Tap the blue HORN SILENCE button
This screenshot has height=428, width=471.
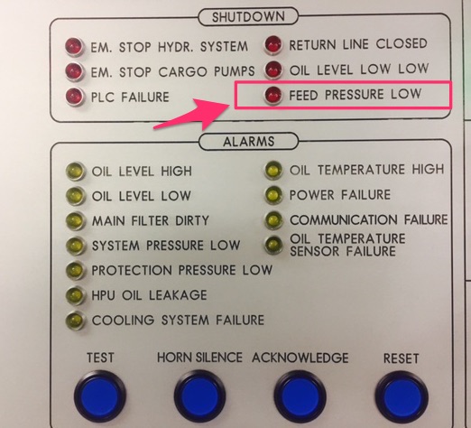(199, 395)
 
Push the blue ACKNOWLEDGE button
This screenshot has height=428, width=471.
(300, 395)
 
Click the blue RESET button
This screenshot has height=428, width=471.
(402, 396)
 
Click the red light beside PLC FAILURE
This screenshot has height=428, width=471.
(74, 97)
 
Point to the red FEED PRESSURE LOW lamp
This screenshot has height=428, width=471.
(273, 95)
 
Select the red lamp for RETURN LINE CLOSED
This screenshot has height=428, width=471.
(273, 45)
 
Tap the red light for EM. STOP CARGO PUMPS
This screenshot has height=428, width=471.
(74, 71)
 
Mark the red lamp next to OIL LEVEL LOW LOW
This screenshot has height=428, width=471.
(273, 70)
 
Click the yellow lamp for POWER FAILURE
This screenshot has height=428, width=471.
(273, 195)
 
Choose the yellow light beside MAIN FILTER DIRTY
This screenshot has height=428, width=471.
(75, 221)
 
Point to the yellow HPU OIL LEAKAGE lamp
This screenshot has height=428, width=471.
(75, 295)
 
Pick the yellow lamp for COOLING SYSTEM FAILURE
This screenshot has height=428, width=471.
(75, 320)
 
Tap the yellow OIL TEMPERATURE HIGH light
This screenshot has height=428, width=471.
(273, 170)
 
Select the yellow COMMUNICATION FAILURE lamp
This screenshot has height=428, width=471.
(273, 220)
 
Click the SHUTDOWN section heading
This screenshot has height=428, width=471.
(248, 17)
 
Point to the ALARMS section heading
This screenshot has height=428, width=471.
(249, 141)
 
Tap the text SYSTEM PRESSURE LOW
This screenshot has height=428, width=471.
(166, 246)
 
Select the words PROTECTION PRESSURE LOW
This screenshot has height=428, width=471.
(182, 270)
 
